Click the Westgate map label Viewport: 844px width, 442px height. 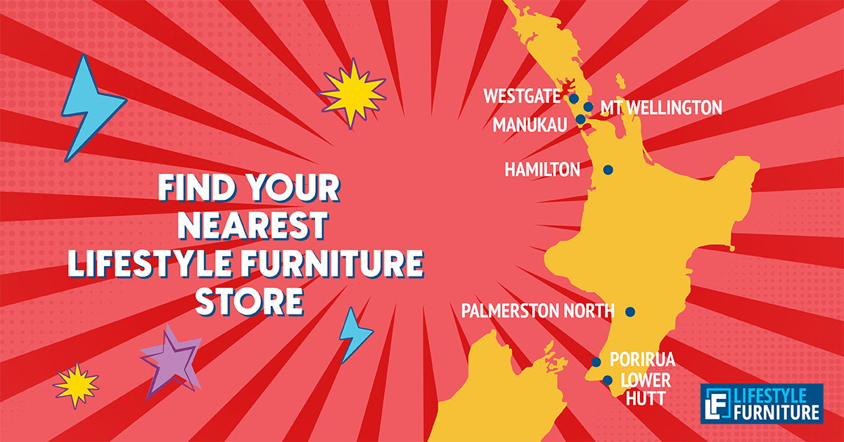pos(522,96)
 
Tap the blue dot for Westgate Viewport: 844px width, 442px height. pos(574,99)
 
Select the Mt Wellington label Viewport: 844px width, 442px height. pos(661,108)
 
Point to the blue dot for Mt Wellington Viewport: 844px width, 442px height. pos(588,107)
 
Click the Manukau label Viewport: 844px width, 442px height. pos(530,125)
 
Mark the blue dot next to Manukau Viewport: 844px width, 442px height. pos(581,120)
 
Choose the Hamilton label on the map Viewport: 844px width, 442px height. pos(542,170)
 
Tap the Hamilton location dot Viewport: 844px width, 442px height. pos(608,170)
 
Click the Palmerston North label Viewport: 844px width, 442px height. pos(538,311)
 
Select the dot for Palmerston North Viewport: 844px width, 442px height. pos(630,312)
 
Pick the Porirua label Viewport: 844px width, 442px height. pos(642,360)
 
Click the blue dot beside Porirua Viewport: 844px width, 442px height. pos(596,362)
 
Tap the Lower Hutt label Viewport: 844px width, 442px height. pos(646,389)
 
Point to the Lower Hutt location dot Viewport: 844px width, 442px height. pos(608,380)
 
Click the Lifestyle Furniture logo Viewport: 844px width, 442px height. pos(762,403)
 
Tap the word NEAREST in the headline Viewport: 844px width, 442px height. pos(252,225)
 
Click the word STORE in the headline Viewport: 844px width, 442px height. pos(250,301)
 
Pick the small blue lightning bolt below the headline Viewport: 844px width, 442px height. pos(354,334)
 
